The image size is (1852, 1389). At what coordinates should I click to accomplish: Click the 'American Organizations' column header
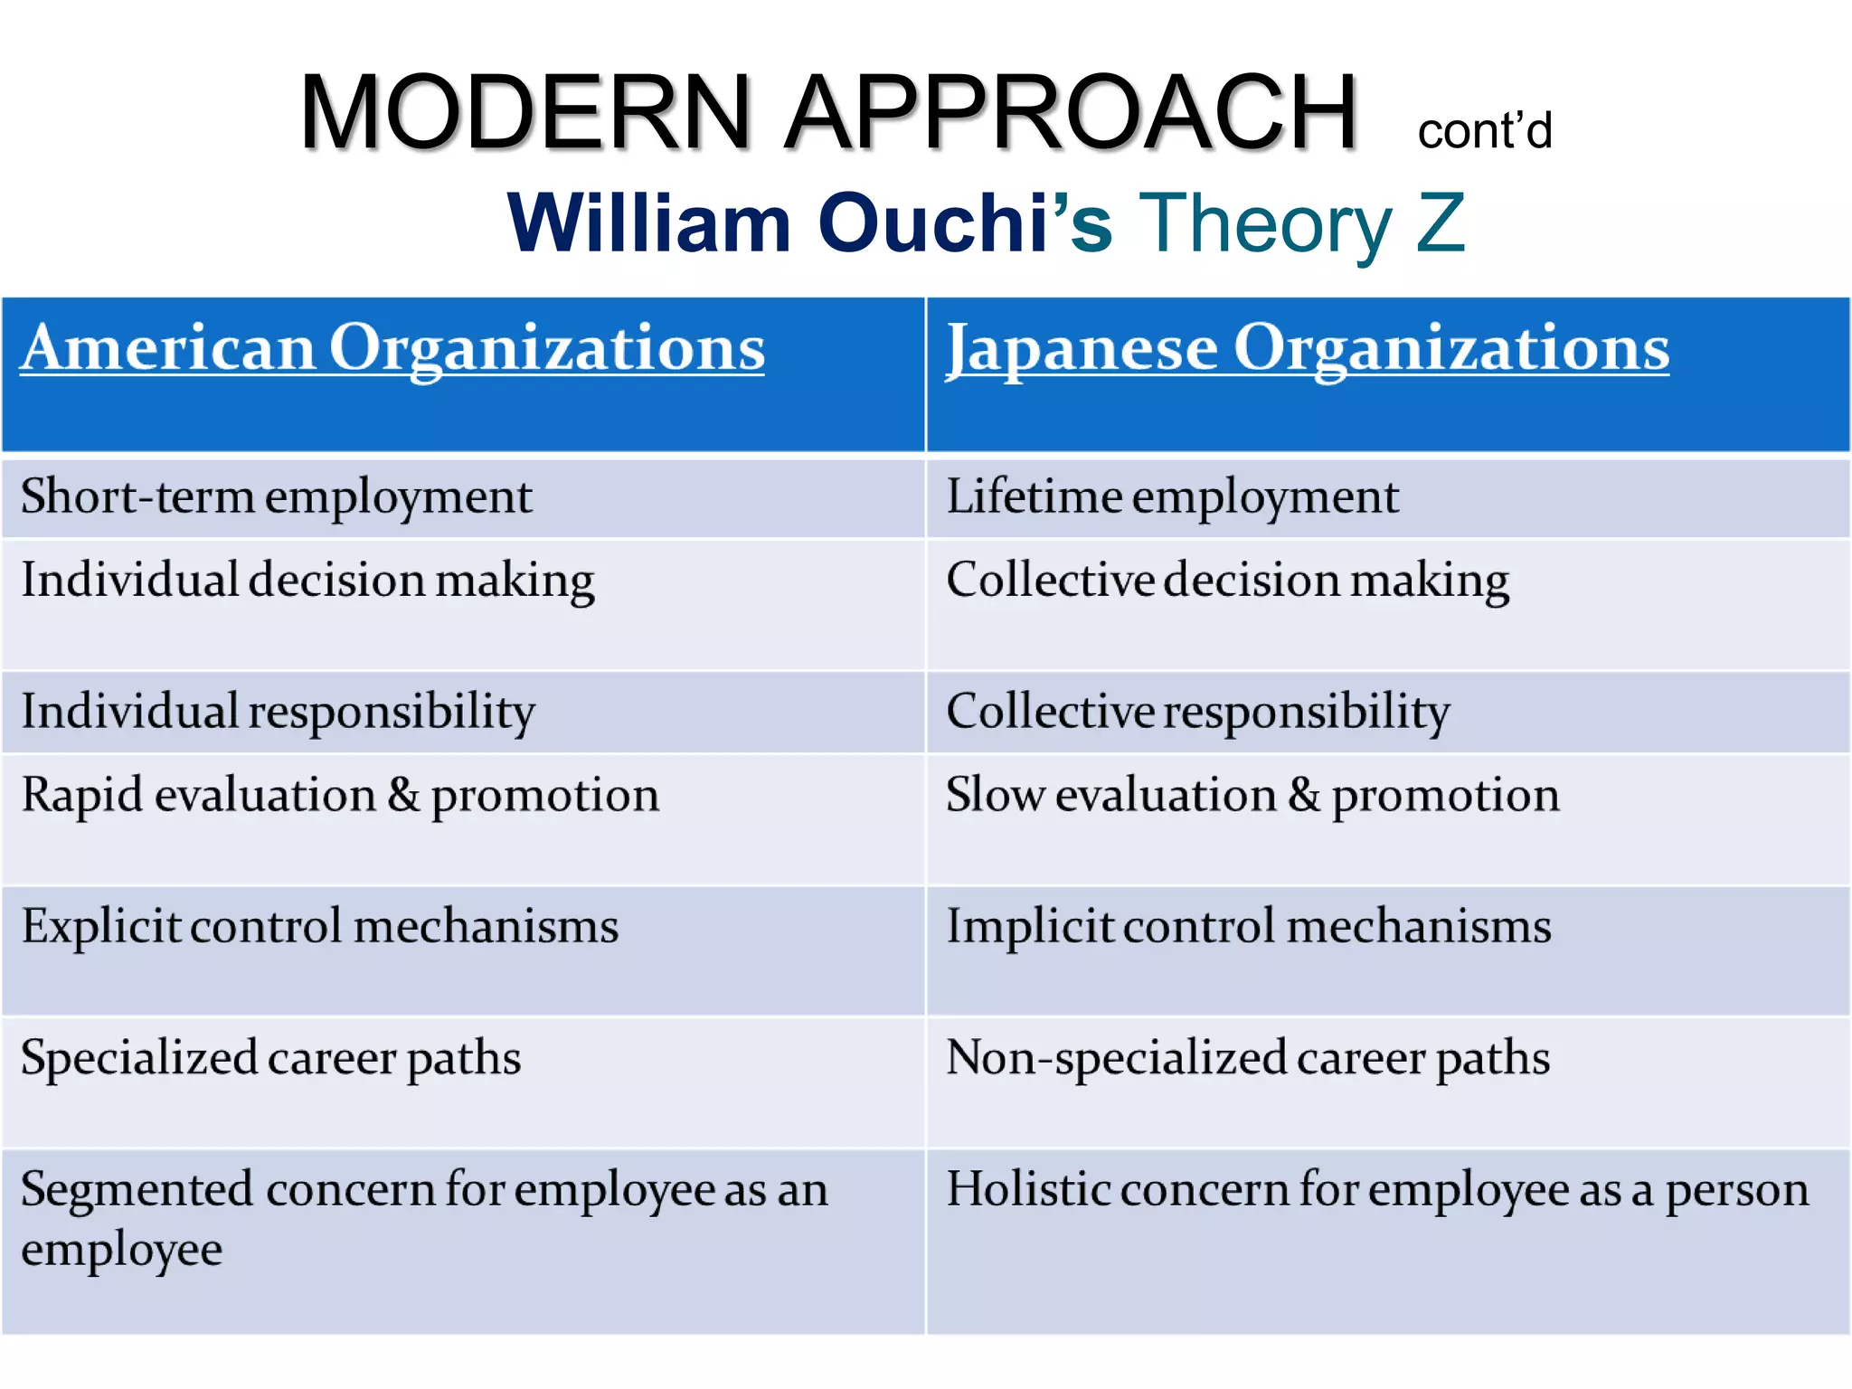392,349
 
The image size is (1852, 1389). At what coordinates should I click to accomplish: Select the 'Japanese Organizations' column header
1308,349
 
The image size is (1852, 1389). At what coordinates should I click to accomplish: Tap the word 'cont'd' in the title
1484,131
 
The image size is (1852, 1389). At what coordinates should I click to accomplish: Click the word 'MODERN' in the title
525,112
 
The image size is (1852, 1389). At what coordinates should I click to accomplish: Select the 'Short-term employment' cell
276,497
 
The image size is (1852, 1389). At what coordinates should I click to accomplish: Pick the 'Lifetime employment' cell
1172,497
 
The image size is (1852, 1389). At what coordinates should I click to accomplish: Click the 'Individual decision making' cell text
307,581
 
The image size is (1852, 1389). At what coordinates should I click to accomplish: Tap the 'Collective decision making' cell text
1227,581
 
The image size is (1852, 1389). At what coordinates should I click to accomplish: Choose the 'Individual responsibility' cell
278,712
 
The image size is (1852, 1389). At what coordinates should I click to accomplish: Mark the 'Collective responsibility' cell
1197,712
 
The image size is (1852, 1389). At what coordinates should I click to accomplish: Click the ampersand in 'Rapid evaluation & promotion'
403,795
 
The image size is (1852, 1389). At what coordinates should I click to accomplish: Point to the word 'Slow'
995,795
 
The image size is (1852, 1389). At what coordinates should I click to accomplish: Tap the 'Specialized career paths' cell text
270,1058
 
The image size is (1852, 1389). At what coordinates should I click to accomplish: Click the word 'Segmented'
137,1190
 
